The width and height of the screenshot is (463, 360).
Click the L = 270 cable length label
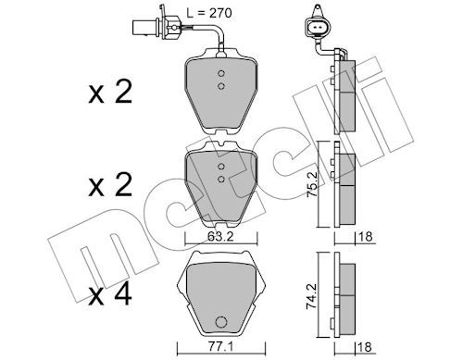[x=209, y=13]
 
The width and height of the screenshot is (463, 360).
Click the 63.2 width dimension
[x=220, y=237]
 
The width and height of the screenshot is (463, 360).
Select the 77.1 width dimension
[x=220, y=347]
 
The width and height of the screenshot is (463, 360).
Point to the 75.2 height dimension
[x=312, y=184]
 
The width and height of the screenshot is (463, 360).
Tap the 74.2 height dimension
[x=312, y=296]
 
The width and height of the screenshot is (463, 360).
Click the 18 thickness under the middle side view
[x=366, y=237]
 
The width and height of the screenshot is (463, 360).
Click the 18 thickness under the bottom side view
[x=366, y=347]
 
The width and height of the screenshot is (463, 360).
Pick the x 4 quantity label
[x=110, y=295]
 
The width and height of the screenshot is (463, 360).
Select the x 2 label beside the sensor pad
[x=110, y=92]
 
